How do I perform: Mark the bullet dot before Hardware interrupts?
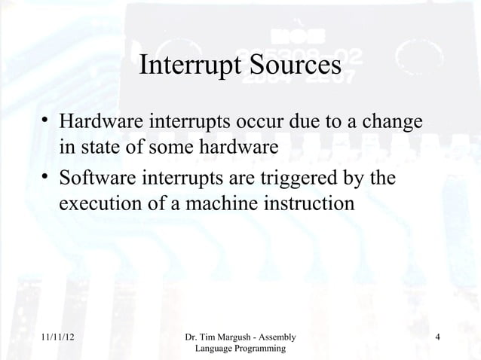pyautogui.click(x=46, y=122)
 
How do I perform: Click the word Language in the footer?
pyautogui.click(x=215, y=350)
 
